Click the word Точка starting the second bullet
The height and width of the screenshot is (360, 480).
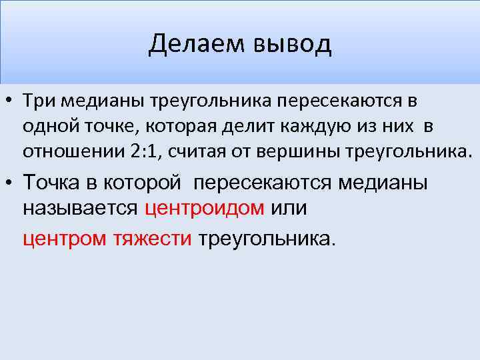click(53, 182)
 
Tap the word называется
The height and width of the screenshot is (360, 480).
click(81, 208)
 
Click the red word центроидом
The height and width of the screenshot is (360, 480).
click(205, 208)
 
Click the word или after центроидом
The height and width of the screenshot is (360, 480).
click(289, 208)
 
